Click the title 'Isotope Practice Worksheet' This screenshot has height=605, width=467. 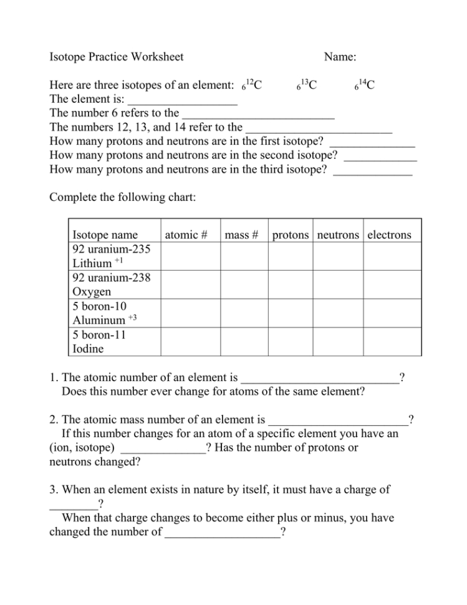tap(116, 57)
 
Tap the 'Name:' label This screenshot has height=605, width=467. tap(340, 57)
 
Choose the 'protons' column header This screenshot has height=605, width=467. tap(290, 235)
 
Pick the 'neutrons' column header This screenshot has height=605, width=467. tap(338, 235)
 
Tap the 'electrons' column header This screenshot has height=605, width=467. tap(389, 235)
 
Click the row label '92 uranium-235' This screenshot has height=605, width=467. tap(112, 249)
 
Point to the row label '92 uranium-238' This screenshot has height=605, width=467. tap(112, 278)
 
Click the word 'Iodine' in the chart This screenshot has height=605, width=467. tap(89, 349)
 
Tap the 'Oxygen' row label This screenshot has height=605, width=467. tap(92, 292)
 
